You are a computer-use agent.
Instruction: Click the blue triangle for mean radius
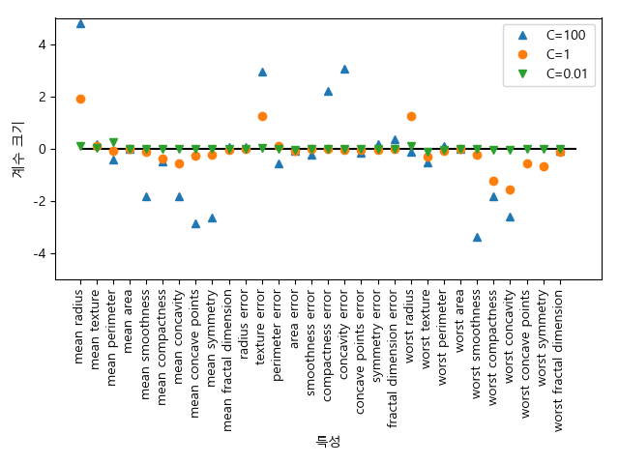tap(80, 23)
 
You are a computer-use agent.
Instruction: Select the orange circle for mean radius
tap(80, 99)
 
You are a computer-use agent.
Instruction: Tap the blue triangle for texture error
tap(262, 72)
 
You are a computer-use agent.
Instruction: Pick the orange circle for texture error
tap(262, 116)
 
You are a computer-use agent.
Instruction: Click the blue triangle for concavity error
tap(344, 69)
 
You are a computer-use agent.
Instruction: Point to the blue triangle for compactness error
tap(328, 91)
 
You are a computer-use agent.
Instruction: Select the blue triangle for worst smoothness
tap(477, 237)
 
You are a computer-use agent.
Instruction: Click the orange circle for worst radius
tap(411, 116)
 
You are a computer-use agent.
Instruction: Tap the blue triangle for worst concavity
tap(510, 217)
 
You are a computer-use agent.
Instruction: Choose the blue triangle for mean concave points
tap(195, 223)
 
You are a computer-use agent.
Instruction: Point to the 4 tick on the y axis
tap(42, 44)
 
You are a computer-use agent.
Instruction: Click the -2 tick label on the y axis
tap(39, 201)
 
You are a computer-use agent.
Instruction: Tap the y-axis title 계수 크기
tap(17, 149)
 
